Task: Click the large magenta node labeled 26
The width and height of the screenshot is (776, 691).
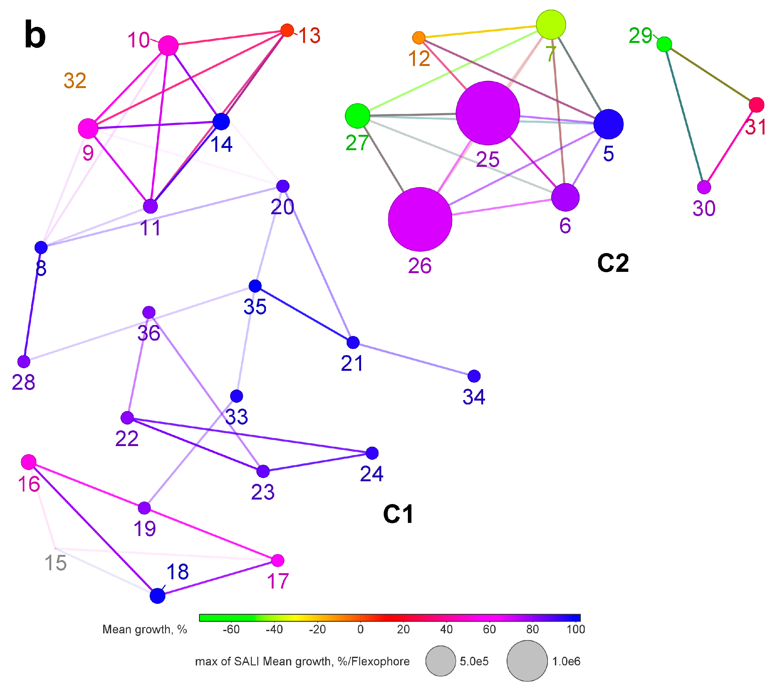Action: tap(420, 219)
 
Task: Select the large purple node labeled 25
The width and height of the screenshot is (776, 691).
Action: tap(488, 113)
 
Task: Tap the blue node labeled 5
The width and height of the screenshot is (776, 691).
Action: tap(608, 124)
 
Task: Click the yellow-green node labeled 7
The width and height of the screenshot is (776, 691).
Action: tap(551, 25)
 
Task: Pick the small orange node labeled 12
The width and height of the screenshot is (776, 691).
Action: tap(418, 38)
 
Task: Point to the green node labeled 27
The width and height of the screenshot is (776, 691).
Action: tap(358, 116)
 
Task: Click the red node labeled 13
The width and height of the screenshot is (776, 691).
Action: tap(287, 30)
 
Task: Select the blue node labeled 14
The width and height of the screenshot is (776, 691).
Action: tap(221, 121)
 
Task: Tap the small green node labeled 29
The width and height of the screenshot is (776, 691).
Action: tap(664, 45)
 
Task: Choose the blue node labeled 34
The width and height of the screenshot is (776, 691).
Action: tap(474, 376)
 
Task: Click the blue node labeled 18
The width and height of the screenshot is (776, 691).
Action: tap(157, 596)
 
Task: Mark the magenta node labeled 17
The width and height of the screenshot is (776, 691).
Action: tap(278, 560)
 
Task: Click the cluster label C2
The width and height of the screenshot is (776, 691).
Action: tap(613, 263)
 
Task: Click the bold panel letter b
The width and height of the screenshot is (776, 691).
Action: tap(35, 35)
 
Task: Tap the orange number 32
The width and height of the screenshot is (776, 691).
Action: tap(75, 80)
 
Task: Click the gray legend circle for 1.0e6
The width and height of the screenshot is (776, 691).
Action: tap(527, 661)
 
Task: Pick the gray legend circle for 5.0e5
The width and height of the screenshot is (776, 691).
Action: tap(441, 661)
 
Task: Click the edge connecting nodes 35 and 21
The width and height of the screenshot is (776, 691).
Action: tap(304, 314)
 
